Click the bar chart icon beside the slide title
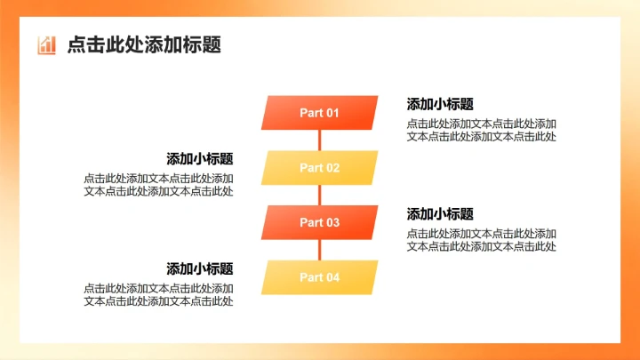(x=46, y=45)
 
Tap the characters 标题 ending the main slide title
(x=205, y=45)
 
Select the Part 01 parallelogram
(x=319, y=113)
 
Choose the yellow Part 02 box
(x=319, y=168)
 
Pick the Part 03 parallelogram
(x=319, y=222)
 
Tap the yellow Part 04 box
(x=319, y=277)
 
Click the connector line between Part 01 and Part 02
(x=319, y=140)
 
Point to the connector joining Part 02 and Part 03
(x=319, y=196)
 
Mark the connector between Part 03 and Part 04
(x=319, y=251)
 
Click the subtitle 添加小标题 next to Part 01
(x=440, y=104)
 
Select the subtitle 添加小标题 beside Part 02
(x=200, y=159)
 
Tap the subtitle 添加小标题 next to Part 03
(x=440, y=214)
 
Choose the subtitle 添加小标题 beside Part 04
(x=200, y=268)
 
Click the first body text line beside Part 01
(x=482, y=124)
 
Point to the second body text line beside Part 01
(x=482, y=136)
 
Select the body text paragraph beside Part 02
(x=159, y=185)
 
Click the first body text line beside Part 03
(x=482, y=234)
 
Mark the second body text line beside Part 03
(x=482, y=246)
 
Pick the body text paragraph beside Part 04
(x=159, y=295)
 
